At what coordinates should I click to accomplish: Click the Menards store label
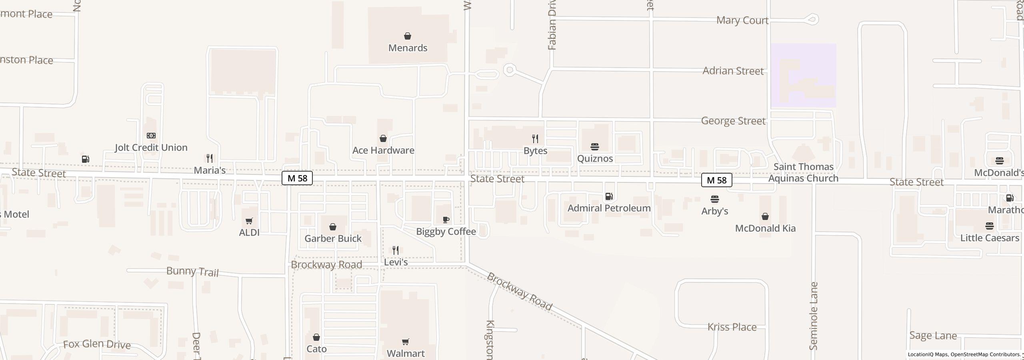408,48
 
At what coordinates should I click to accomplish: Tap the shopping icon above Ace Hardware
383,138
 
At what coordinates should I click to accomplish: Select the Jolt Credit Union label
151,148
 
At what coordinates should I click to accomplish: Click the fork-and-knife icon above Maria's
210,158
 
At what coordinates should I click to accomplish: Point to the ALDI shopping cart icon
249,221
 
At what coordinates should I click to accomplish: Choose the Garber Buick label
333,239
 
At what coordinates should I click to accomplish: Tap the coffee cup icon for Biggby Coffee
446,220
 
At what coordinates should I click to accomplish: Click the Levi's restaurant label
396,262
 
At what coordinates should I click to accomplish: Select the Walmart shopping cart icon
406,342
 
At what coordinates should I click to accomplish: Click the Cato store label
316,349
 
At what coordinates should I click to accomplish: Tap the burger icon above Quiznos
595,147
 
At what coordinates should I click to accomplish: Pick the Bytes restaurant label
535,151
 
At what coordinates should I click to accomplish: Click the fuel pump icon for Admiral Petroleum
609,196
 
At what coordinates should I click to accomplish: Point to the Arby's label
714,211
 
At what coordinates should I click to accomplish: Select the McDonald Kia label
765,228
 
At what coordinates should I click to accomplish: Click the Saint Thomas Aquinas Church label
803,172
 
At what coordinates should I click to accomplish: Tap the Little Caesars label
990,238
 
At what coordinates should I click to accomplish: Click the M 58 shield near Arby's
716,180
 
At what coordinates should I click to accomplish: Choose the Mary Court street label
742,20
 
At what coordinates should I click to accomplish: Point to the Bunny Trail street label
192,272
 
